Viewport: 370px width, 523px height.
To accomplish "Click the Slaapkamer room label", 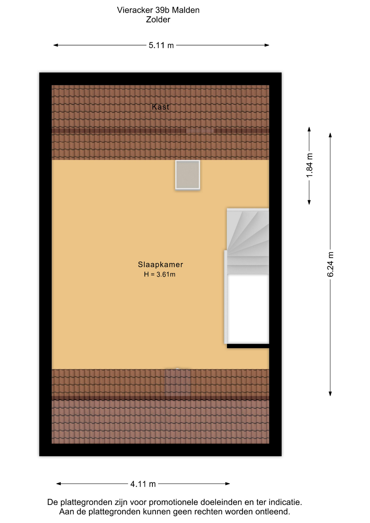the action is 160,264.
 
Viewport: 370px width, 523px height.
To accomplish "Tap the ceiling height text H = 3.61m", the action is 160,275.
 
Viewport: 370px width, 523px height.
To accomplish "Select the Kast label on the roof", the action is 160,107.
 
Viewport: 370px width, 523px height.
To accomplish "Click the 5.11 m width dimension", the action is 161,45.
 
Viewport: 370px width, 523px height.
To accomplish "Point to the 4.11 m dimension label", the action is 143,484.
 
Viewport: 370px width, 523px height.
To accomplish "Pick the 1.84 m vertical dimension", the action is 309,165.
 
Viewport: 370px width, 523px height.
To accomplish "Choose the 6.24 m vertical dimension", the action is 330,264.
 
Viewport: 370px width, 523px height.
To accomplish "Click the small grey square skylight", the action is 187,175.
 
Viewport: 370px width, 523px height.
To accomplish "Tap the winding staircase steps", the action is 248,241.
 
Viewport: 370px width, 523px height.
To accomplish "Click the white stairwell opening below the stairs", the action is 248,309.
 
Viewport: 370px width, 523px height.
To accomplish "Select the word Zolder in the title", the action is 158,20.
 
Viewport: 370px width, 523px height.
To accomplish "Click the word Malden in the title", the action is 186,10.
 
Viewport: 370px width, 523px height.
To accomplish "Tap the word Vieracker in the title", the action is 135,10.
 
